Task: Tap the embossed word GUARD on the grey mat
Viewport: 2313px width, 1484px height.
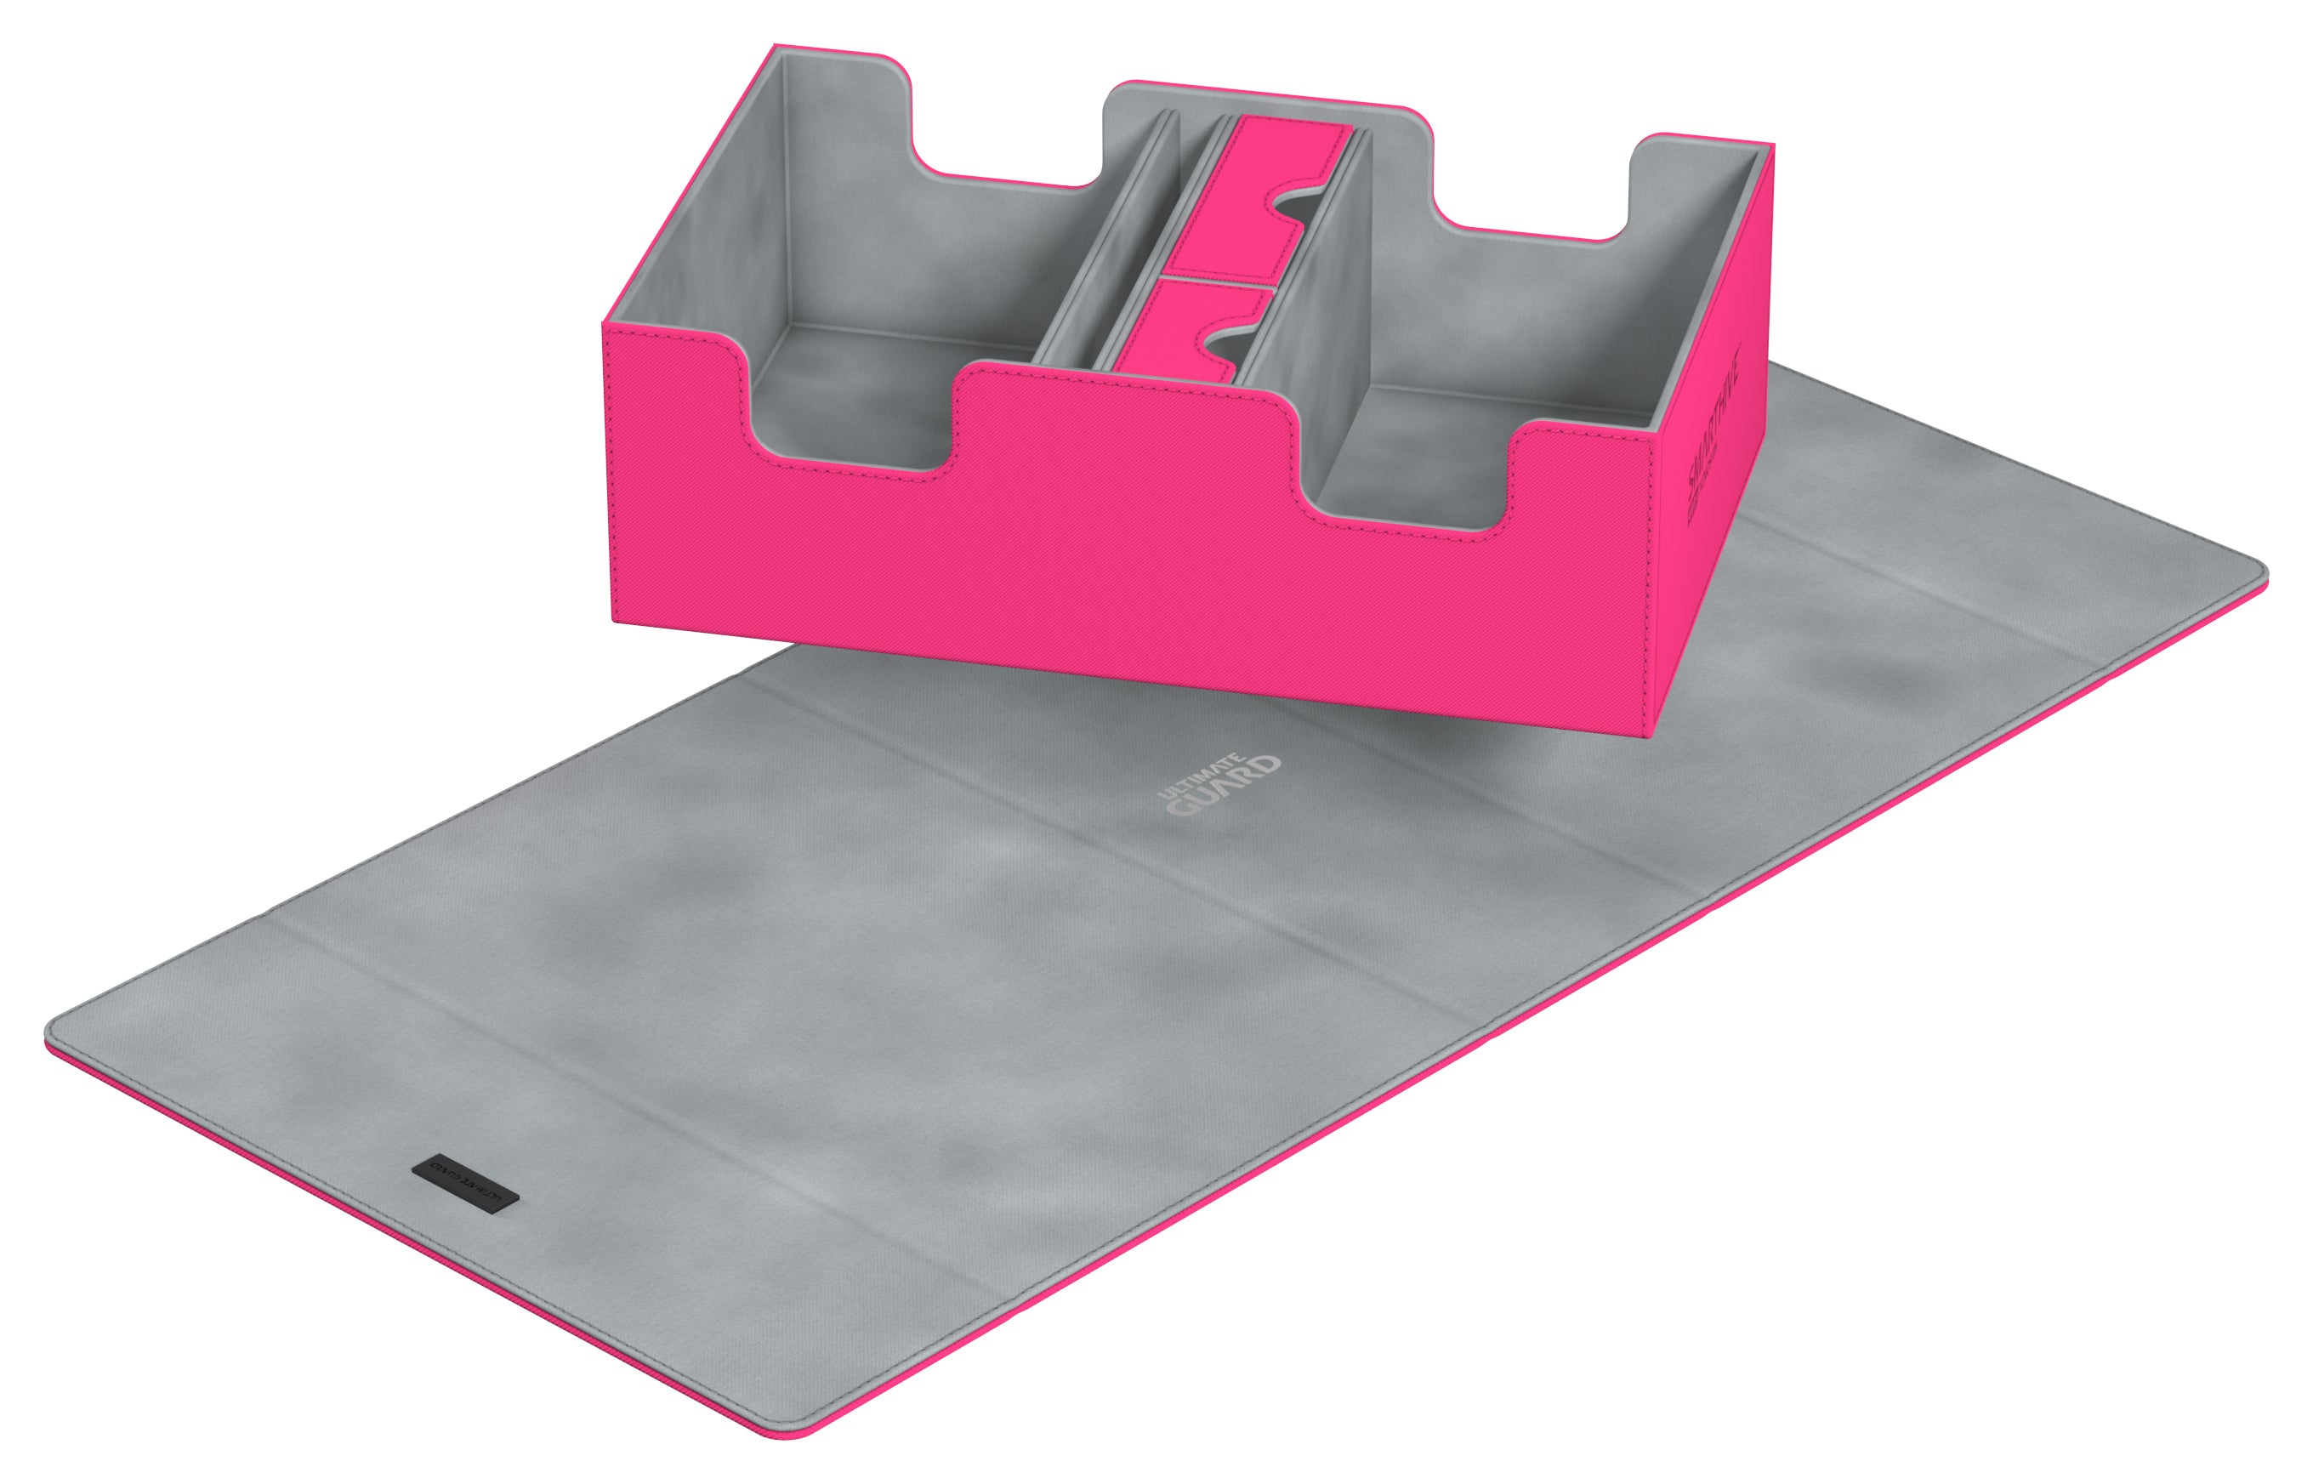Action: coord(1225,787)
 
